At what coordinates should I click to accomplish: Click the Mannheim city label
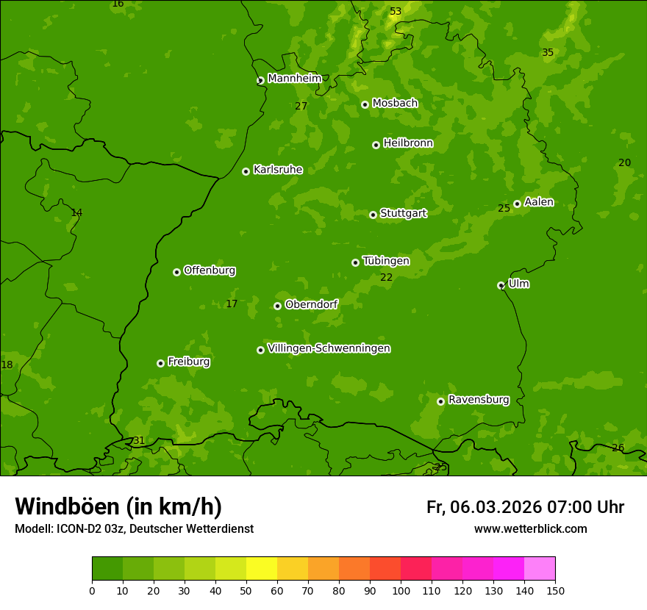(x=294, y=79)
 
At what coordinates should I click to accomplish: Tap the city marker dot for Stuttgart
(x=373, y=215)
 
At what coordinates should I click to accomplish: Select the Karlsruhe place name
(x=277, y=170)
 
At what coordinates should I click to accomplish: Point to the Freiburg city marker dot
(x=160, y=363)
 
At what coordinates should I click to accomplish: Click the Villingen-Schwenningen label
(x=329, y=348)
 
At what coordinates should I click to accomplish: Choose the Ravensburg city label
(x=478, y=400)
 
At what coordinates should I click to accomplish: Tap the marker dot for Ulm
(x=501, y=285)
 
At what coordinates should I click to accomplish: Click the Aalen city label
(x=538, y=202)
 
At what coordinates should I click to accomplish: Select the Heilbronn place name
(x=407, y=143)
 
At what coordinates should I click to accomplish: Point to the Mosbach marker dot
(x=365, y=104)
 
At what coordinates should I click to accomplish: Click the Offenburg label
(x=209, y=270)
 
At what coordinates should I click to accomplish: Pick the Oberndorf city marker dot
(x=277, y=306)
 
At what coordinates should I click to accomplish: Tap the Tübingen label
(x=385, y=261)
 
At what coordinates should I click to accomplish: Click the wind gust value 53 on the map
(x=396, y=11)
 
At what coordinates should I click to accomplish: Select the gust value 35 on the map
(x=548, y=52)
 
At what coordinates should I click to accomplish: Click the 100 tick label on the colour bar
(x=401, y=590)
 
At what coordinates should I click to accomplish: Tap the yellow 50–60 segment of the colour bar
(x=262, y=569)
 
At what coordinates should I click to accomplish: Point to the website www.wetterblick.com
(x=530, y=529)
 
